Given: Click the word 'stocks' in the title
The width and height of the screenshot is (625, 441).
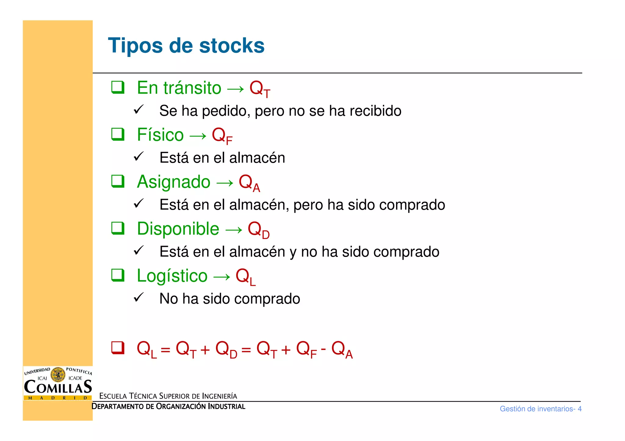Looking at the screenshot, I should coord(232,46).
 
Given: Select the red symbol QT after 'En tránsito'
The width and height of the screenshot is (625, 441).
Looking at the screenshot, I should coord(259,89).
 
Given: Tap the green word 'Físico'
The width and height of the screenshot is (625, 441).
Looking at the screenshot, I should coord(160,135).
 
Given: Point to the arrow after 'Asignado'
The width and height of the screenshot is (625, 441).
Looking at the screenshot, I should coord(225,183).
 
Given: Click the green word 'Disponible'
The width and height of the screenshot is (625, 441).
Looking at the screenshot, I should coord(178,229).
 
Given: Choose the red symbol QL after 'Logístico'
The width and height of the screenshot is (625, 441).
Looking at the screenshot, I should coord(245,276).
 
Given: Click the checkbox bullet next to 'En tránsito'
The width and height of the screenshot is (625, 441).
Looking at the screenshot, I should coord(117,87).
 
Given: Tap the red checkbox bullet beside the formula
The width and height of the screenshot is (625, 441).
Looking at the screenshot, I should coord(117,347).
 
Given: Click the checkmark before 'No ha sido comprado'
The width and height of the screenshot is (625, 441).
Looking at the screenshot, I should coord(139,297).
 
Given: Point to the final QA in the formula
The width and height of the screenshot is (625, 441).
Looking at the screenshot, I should coord(342,350).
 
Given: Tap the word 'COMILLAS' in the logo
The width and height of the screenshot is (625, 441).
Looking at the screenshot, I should coord(58,387).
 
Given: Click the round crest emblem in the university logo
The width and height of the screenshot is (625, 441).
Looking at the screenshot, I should coord(58,375).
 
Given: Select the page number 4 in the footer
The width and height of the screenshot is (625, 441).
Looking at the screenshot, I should coord(580,409).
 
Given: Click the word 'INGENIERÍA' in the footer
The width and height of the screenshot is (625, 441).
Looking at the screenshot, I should coord(219,396).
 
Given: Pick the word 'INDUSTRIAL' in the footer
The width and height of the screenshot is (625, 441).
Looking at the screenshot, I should coord(226,407).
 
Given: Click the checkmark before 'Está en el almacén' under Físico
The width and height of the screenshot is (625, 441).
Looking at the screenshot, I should coord(139,156).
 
